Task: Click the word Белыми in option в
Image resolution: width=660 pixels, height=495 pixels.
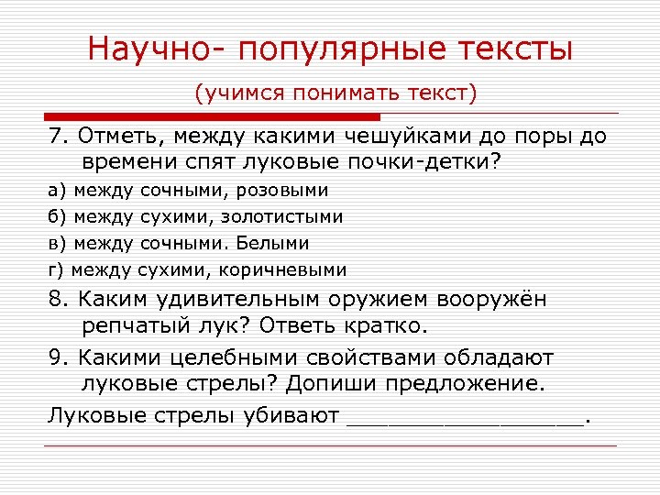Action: click(x=271, y=244)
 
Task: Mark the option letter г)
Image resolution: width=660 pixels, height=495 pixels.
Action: click(x=56, y=270)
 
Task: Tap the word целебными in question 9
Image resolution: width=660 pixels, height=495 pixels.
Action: click(x=228, y=357)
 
